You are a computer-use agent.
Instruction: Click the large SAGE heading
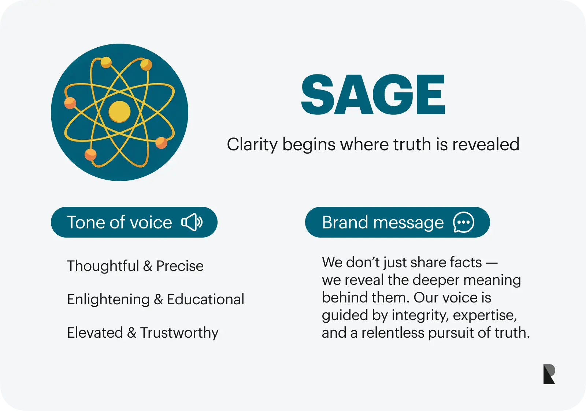tap(373, 95)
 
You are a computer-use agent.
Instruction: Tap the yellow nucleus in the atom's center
tap(119, 111)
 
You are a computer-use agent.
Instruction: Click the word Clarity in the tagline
tap(252, 145)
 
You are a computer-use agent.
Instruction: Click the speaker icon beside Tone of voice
tap(192, 222)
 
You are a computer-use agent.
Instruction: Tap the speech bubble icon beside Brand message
tap(464, 222)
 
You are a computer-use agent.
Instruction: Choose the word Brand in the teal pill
tap(345, 223)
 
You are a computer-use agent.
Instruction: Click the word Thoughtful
tap(103, 266)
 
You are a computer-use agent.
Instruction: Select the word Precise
tap(180, 266)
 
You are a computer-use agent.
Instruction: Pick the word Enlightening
tap(108, 300)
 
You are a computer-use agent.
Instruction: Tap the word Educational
tap(205, 300)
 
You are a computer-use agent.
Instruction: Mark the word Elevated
tap(95, 333)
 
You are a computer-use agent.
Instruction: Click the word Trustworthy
tap(179, 333)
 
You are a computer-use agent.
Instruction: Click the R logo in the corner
tap(549, 374)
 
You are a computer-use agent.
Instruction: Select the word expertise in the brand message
tap(485, 315)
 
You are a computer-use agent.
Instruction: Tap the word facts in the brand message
tap(466, 263)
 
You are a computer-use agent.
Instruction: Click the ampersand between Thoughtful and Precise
tap(148, 266)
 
